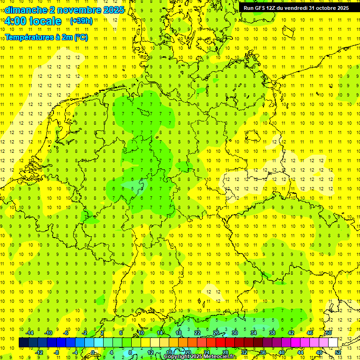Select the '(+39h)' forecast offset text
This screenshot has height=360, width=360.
coord(81,21)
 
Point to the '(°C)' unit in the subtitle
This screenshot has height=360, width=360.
coord(81,37)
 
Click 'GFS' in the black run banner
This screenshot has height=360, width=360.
coord(262,8)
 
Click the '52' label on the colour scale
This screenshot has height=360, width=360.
coord(338,352)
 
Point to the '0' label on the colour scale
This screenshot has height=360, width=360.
coord(93,352)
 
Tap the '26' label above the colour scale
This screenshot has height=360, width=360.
coord(216,333)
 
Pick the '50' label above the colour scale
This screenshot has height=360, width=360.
coord(329,333)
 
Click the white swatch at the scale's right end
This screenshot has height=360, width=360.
coord(333,342)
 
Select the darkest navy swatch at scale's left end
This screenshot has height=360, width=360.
coord(23,342)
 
